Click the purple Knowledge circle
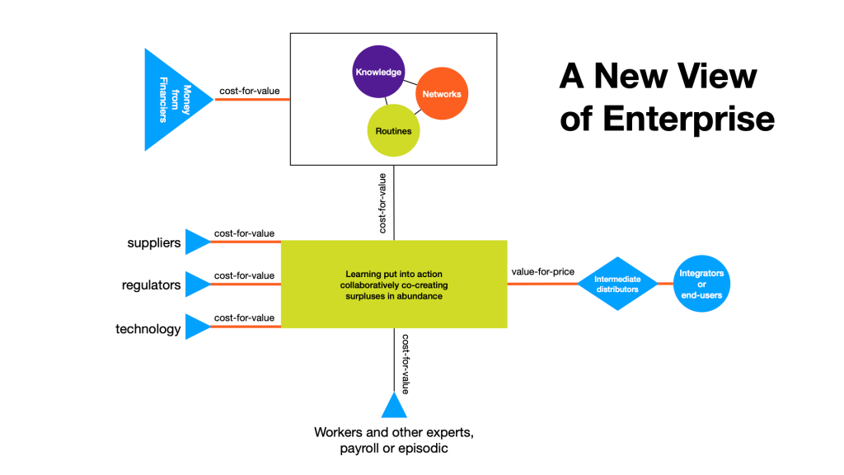point(378,72)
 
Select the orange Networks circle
point(442,93)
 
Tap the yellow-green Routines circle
point(393,130)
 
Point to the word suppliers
point(154,243)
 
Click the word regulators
point(152,285)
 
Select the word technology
point(148,329)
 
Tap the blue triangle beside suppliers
point(197,242)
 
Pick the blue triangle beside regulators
point(197,284)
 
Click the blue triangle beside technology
point(197,327)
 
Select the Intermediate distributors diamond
point(617,285)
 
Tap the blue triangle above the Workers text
point(394,407)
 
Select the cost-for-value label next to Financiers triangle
point(248,91)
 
